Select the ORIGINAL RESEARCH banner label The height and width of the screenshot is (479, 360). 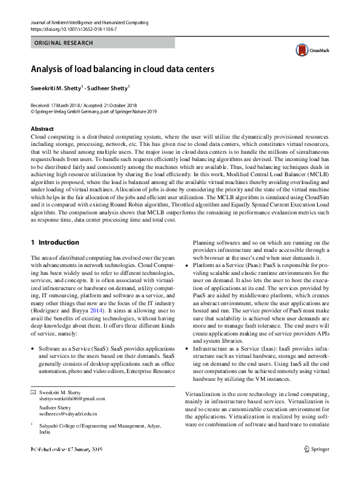(x=64, y=43)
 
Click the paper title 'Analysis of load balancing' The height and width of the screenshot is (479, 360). (x=119, y=68)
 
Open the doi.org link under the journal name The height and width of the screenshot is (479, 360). (x=74, y=28)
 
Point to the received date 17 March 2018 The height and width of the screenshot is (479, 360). (x=68, y=105)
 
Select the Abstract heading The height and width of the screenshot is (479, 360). (x=42, y=129)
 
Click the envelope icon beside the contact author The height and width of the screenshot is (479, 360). (x=33, y=393)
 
